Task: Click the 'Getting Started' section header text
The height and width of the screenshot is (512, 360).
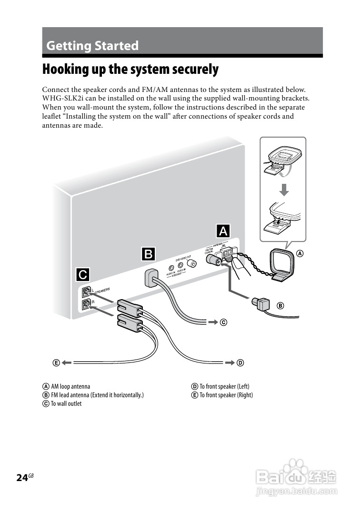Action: click(x=92, y=46)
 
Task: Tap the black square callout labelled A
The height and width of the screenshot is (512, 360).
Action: click(x=223, y=231)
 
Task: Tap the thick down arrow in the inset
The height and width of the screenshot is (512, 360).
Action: click(x=284, y=190)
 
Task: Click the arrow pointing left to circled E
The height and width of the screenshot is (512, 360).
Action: click(x=66, y=363)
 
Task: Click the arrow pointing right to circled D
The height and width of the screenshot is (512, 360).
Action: click(x=230, y=363)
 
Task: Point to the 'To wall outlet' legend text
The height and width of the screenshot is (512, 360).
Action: click(x=66, y=403)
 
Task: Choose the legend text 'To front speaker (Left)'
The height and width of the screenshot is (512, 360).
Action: click(x=224, y=386)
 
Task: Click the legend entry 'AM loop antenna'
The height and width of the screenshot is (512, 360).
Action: click(x=70, y=386)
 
